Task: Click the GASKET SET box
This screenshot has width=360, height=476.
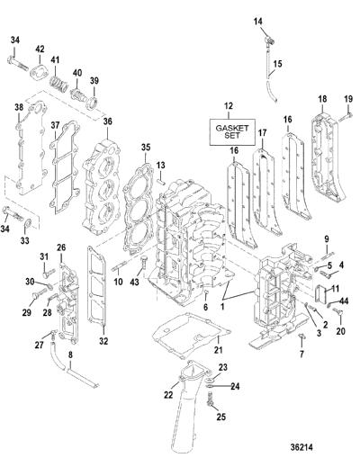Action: [232, 131]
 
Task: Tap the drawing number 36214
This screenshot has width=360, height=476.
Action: [301, 447]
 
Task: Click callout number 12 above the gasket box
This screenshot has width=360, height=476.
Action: [229, 106]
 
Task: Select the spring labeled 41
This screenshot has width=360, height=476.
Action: [59, 84]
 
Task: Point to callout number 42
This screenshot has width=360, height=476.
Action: [40, 49]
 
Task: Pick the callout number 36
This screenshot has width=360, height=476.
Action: [107, 121]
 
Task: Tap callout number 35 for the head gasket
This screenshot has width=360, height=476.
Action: [146, 148]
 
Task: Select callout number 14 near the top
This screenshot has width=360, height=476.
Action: [258, 22]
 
